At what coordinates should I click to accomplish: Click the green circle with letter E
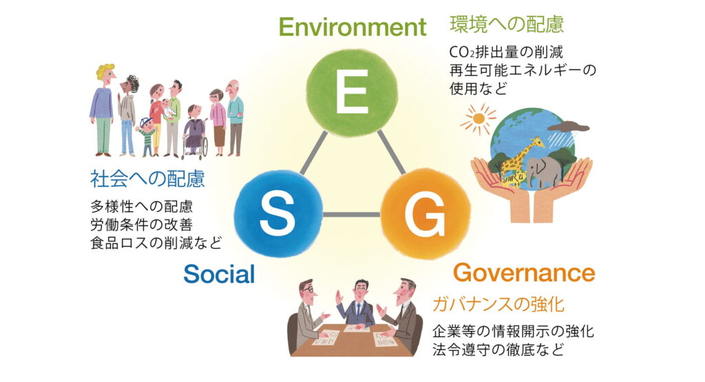(x=352, y=92)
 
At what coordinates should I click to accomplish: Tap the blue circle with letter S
(x=278, y=213)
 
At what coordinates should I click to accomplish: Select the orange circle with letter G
(x=425, y=214)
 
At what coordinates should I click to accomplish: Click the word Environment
(x=352, y=27)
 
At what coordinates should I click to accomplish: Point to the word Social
(x=219, y=274)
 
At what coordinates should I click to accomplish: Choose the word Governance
(x=524, y=273)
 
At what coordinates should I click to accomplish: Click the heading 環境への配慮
(x=507, y=24)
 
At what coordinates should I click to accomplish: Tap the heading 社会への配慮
(x=147, y=178)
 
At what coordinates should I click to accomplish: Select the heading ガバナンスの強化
(x=498, y=304)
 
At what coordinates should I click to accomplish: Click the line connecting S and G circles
(x=352, y=214)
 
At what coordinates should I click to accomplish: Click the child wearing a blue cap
(x=147, y=136)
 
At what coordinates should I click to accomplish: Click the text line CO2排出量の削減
(x=506, y=52)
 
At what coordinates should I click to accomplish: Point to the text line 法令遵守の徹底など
(x=498, y=349)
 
